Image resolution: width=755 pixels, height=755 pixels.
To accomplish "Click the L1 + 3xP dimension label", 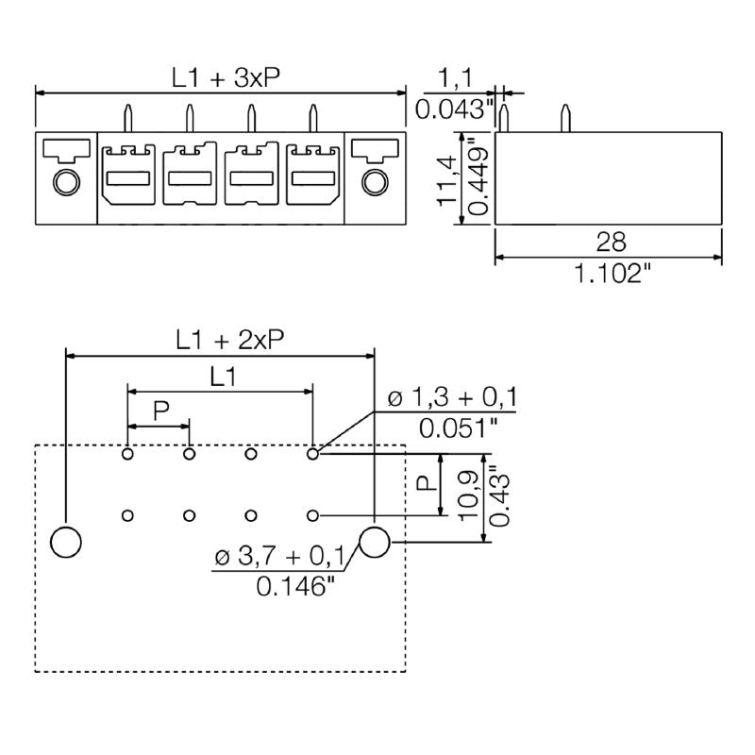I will coord(226,78).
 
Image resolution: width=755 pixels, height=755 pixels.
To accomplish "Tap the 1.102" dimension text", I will coord(611,275).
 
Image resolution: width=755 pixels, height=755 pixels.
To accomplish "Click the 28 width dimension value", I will coord(611,243).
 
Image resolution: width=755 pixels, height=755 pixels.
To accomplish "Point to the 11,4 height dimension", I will coord(450,179).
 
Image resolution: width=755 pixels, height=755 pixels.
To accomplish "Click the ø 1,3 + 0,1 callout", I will coord(452,397).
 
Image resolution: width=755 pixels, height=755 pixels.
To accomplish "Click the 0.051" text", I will coord(460,428).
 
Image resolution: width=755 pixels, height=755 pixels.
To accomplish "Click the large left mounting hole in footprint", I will coord(65,543).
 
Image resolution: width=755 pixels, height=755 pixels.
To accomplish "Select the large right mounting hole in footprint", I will coord(375,543).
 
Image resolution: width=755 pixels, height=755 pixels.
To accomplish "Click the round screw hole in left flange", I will coord(65,181).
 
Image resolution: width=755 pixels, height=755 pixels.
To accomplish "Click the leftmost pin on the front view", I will coord(127,120).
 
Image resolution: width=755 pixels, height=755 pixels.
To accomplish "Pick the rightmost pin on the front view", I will coord(312,120).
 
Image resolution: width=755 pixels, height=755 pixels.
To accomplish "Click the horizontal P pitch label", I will coord(160,411).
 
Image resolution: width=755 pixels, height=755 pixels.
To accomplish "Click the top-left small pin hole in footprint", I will coord(127,455).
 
